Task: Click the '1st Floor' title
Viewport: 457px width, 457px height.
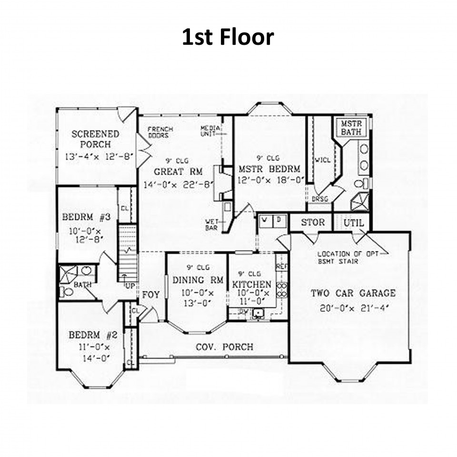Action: (228, 37)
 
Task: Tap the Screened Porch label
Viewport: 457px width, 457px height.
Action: (95, 139)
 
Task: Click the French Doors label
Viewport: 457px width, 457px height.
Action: (160, 132)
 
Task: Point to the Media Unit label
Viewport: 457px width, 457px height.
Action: (209, 131)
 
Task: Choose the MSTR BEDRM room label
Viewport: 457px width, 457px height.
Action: (269, 169)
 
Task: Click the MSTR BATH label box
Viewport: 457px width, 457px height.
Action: (351, 128)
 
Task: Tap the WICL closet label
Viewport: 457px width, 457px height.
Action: (322, 160)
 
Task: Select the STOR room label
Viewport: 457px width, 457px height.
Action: (313, 222)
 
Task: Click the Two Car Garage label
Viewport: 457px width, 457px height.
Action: (353, 293)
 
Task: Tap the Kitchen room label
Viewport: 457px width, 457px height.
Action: (252, 284)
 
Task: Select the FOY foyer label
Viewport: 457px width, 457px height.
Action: (151, 295)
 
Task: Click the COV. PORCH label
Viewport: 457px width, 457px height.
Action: (225, 347)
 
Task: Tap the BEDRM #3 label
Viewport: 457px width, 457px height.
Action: (87, 218)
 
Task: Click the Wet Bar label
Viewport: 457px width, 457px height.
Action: (212, 225)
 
